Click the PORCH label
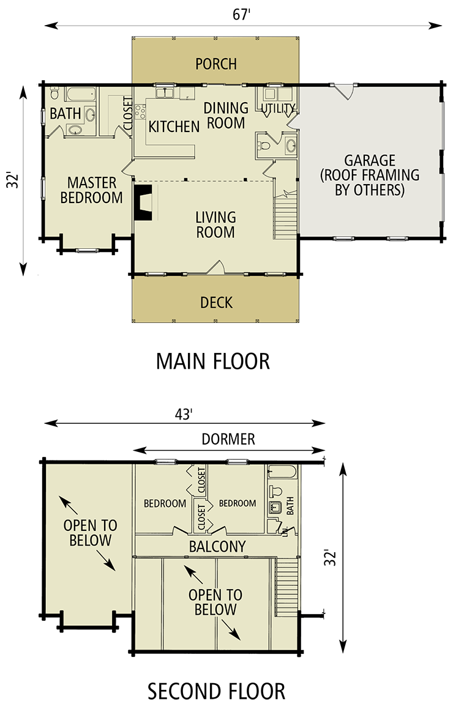coord(215,64)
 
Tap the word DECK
coord(216,303)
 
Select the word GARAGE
coord(369,160)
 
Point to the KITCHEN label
coord(174,127)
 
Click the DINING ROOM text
coord(226,115)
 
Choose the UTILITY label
coord(279,108)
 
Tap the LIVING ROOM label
coord(215,224)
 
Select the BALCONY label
coord(217,546)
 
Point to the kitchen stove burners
coord(140,111)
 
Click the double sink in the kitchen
coord(165,93)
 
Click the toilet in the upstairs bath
coord(275,491)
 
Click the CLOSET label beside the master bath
coord(128,114)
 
